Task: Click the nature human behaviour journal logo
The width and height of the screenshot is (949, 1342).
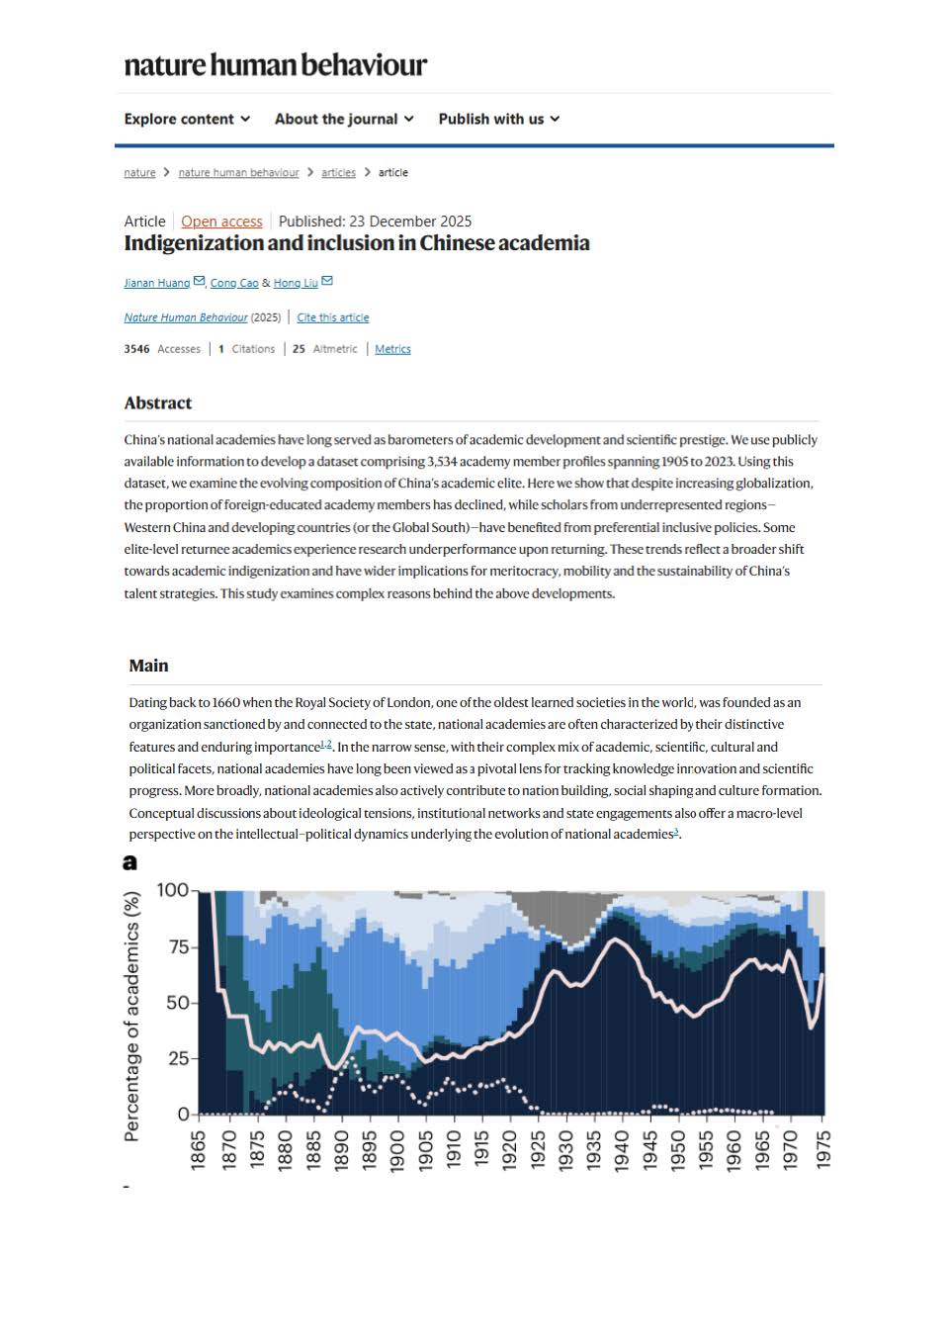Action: [275, 65]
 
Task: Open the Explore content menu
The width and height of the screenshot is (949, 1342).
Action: [187, 119]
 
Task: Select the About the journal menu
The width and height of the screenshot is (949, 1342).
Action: [344, 119]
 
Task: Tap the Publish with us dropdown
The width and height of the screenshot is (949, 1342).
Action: [498, 119]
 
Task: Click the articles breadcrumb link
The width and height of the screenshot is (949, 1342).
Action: [338, 172]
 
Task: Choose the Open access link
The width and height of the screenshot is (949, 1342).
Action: [221, 222]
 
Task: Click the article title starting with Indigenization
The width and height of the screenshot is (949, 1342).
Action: [357, 243]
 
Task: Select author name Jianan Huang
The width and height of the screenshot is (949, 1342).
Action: [156, 283]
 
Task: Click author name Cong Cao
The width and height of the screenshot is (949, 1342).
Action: [234, 283]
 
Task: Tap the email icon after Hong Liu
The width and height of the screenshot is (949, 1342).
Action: [327, 281]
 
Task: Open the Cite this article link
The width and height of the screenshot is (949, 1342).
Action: [333, 317]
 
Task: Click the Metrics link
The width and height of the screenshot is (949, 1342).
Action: [392, 349]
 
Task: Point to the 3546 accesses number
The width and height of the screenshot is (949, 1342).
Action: [136, 349]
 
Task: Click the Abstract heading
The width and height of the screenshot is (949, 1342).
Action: [158, 403]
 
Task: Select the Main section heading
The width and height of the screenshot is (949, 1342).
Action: [148, 666]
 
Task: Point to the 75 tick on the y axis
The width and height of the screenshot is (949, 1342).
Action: [178, 946]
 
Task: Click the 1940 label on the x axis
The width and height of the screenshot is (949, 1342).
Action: [622, 1150]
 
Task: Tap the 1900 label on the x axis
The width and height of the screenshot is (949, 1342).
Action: [397, 1150]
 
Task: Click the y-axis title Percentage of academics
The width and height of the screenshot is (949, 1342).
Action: [131, 1017]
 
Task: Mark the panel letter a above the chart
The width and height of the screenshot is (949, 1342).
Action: [129, 862]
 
